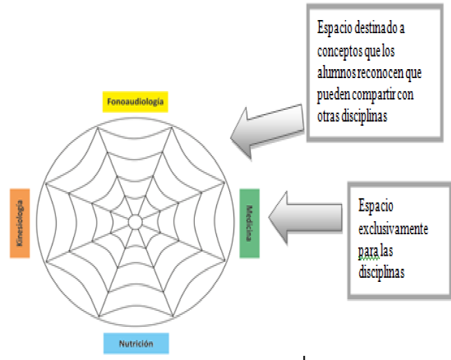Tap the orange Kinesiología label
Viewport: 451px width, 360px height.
pyautogui.click(x=20, y=222)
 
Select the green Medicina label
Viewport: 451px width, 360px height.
pyautogui.click(x=249, y=222)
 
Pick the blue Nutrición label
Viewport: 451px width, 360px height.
pyautogui.click(x=135, y=343)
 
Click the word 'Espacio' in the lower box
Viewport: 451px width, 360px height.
pyautogui.click(x=375, y=206)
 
